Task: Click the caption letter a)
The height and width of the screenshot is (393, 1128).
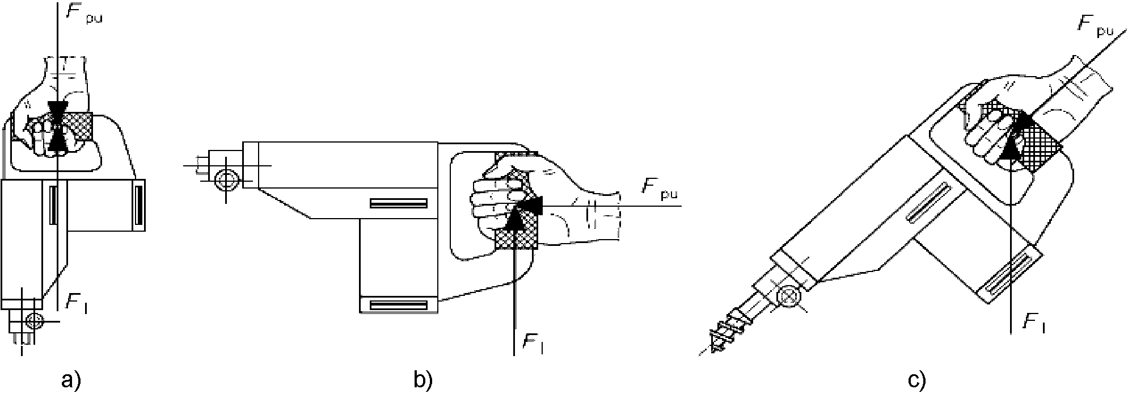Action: pos(71,380)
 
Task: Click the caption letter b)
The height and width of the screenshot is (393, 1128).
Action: pos(423,380)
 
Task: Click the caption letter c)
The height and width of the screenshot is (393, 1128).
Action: pos(916,380)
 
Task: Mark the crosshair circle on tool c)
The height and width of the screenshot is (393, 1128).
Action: pos(788,296)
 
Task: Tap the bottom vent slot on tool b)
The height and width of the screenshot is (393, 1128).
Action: pos(398,306)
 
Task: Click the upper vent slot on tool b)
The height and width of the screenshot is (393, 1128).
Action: pos(398,203)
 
